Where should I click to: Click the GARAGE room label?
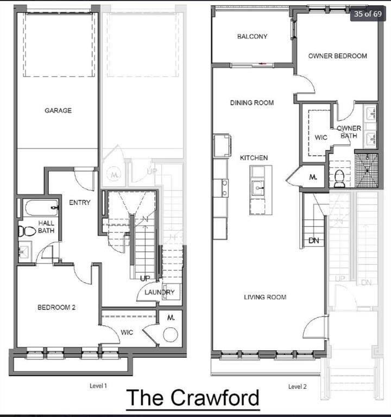(x=58, y=110)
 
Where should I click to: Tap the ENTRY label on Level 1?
(x=79, y=203)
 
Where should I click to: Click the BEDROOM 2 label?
(x=56, y=307)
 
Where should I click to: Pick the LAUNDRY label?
(x=159, y=292)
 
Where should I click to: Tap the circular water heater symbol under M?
(x=171, y=334)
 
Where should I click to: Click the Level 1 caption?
(x=98, y=386)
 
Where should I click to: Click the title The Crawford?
(x=192, y=398)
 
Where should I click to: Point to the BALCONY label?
(x=252, y=37)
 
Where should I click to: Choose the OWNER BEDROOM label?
(x=337, y=56)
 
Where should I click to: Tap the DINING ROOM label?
(x=251, y=103)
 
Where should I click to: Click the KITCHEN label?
(x=254, y=158)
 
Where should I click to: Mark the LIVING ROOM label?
(x=264, y=297)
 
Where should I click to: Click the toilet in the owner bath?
(x=339, y=178)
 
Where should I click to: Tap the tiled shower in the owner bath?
(x=366, y=170)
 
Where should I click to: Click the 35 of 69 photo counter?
(x=367, y=14)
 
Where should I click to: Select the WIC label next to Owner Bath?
(x=321, y=137)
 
